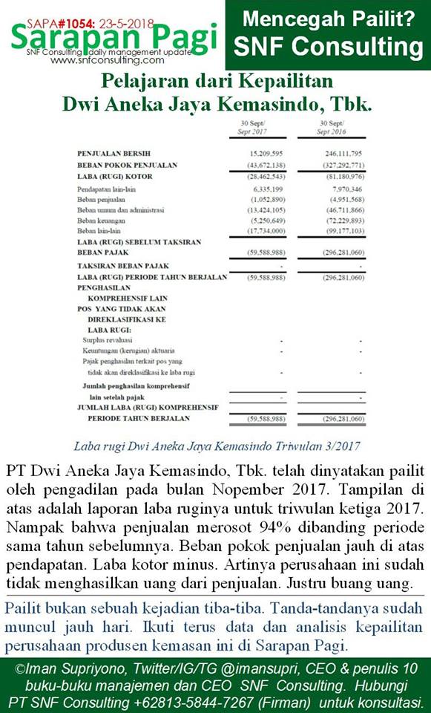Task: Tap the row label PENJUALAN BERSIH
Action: click(x=111, y=152)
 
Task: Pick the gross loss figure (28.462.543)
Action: click(x=257, y=176)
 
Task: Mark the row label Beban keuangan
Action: click(x=101, y=221)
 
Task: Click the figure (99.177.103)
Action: click(x=340, y=231)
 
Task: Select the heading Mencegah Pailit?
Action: click(x=329, y=19)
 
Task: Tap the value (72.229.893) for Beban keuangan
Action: click(x=340, y=221)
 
